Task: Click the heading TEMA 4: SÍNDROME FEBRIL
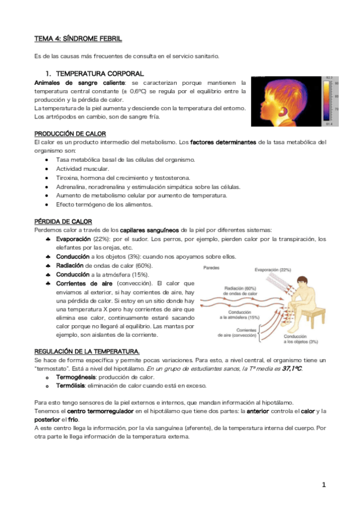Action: click(x=78, y=38)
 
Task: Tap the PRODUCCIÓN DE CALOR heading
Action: click(x=70, y=133)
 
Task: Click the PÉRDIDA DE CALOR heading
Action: click(x=63, y=221)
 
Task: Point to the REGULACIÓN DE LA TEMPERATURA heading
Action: click(x=87, y=351)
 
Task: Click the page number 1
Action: click(x=323, y=484)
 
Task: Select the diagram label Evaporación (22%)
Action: click(x=272, y=269)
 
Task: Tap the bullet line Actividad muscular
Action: click(x=82, y=169)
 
